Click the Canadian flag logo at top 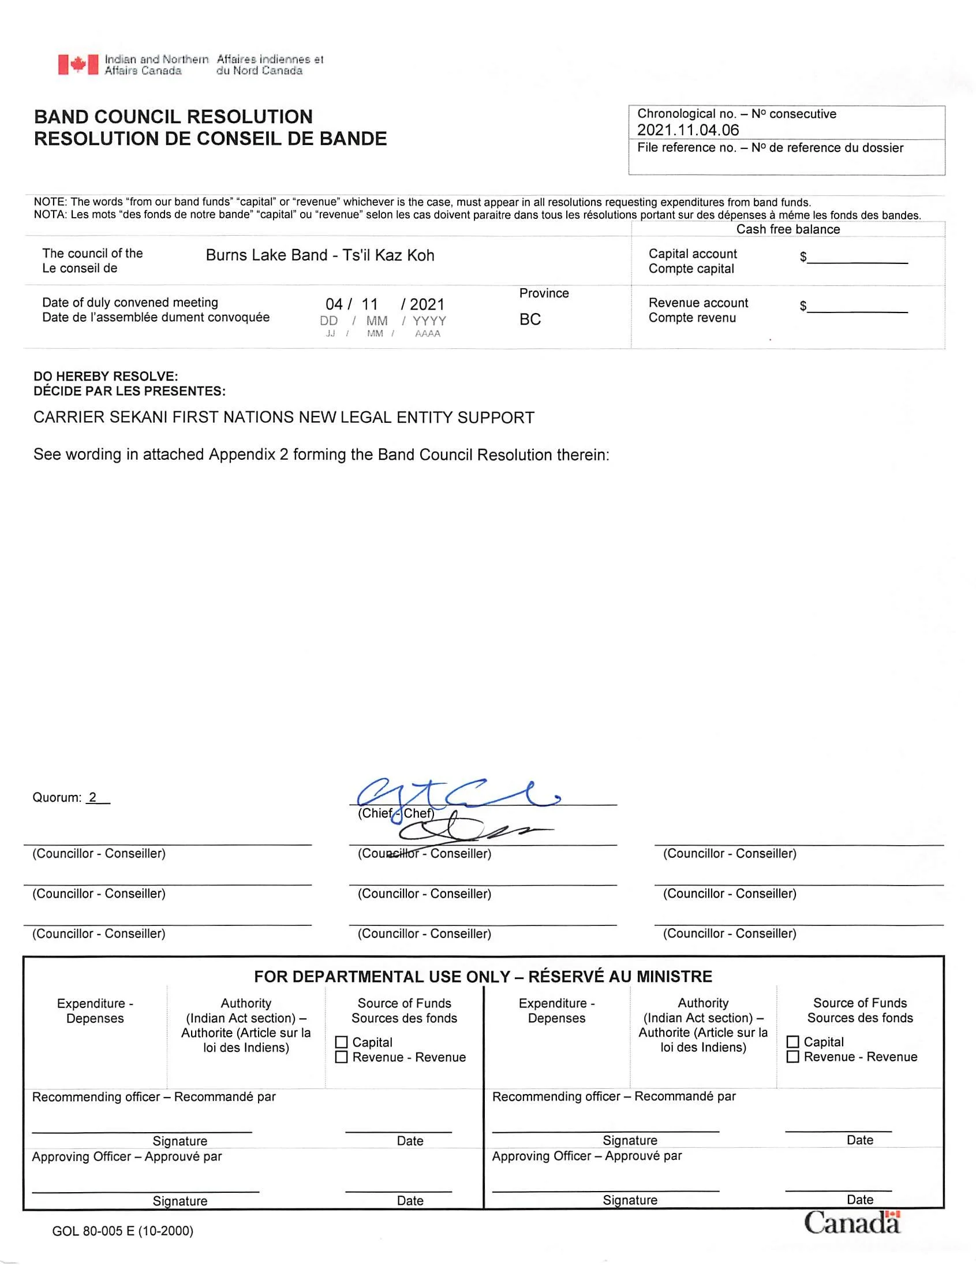tap(77, 64)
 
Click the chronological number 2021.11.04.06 tap(688, 130)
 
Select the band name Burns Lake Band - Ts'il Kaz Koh tap(320, 255)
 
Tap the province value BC tap(530, 319)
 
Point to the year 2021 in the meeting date tap(427, 304)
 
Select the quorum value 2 tap(92, 798)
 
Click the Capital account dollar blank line tap(857, 258)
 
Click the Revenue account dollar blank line tap(857, 307)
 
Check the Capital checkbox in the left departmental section tap(342, 1042)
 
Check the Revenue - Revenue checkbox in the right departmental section tap(793, 1056)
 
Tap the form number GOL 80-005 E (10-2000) tap(123, 1231)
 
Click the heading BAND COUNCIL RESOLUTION tap(173, 117)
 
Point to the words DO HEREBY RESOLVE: tap(106, 377)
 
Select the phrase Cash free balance tap(788, 229)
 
